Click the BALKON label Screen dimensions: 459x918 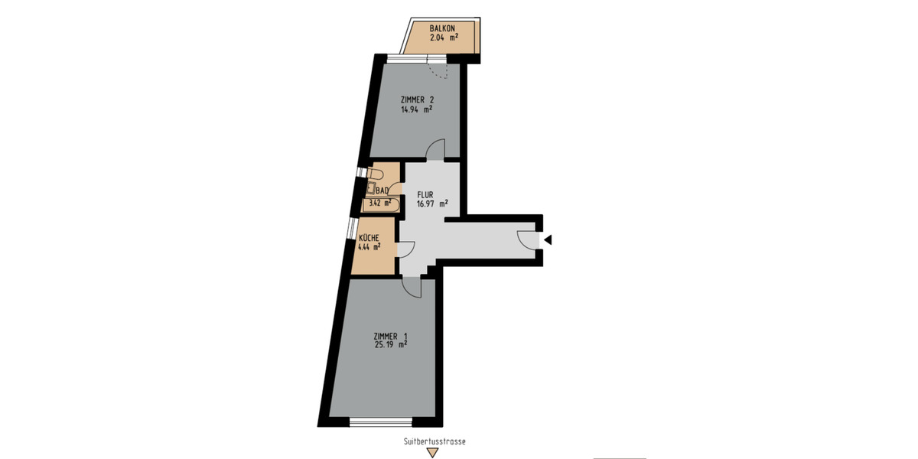[x=443, y=28]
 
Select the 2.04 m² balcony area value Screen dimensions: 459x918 [x=444, y=37]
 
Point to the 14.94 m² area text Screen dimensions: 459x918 [x=416, y=109]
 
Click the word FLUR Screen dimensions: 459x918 [x=425, y=194]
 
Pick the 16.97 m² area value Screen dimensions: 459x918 [x=431, y=203]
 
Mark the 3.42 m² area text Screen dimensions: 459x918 [x=380, y=203]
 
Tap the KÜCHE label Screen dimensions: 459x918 [x=369, y=238]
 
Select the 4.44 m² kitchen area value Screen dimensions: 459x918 [x=369, y=247]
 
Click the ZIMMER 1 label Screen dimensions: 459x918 [x=390, y=336]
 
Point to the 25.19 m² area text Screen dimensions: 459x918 [x=390, y=345]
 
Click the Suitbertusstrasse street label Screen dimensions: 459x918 [x=435, y=441]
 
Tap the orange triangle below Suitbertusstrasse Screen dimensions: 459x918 [x=433, y=453]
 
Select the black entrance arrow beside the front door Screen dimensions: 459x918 [x=548, y=240]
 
